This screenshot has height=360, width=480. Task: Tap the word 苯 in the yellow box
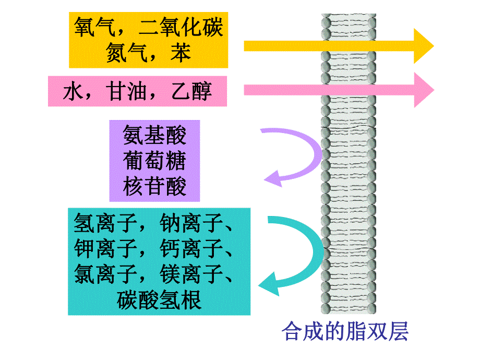coord(181,52)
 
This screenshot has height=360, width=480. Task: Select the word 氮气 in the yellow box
coord(126,52)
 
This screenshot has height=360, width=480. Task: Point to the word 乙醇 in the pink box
coord(191,92)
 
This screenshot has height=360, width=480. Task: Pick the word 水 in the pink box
coord(73,92)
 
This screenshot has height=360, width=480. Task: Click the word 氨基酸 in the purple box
coord(154,136)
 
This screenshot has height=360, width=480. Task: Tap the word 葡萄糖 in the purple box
coord(154,161)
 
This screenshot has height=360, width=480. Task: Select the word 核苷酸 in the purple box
coord(154,186)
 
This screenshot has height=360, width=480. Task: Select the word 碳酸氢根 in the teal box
coord(159,300)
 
